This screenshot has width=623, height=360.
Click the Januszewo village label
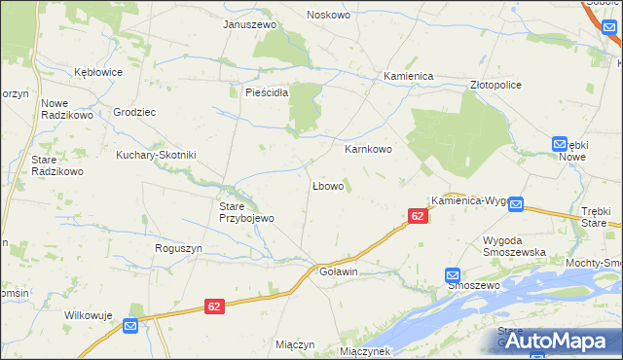(250, 24)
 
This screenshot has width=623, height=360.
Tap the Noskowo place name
(330, 15)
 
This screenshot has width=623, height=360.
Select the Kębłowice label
(98, 72)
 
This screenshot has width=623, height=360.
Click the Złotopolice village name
(495, 85)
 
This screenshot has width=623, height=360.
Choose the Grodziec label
(134, 112)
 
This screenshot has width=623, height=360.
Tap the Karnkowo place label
(368, 150)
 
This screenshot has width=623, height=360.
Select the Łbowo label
(327, 185)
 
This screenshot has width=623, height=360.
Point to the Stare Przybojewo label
(245, 212)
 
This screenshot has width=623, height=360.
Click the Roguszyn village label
(178, 248)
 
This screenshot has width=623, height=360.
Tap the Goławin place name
(340, 272)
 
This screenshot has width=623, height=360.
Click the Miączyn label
(295, 345)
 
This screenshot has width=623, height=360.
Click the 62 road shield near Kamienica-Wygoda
(417, 216)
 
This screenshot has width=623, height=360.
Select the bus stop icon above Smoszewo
(454, 275)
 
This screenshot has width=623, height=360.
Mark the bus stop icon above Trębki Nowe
(560, 143)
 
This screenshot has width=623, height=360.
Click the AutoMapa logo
(554, 341)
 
